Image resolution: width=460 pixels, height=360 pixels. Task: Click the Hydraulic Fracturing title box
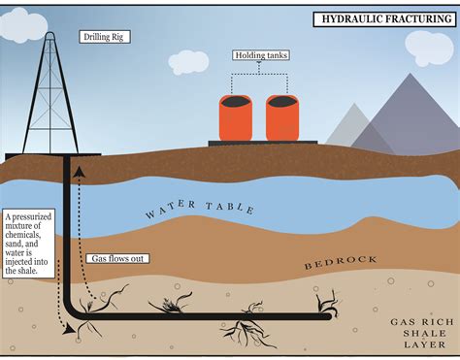tap(383, 18)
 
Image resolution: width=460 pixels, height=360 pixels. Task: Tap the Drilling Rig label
tap(104, 37)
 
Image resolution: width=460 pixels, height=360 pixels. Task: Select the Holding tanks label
tap(262, 55)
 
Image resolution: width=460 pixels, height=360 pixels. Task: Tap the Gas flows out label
tap(115, 259)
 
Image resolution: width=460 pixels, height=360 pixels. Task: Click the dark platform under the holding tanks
tap(262, 143)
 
